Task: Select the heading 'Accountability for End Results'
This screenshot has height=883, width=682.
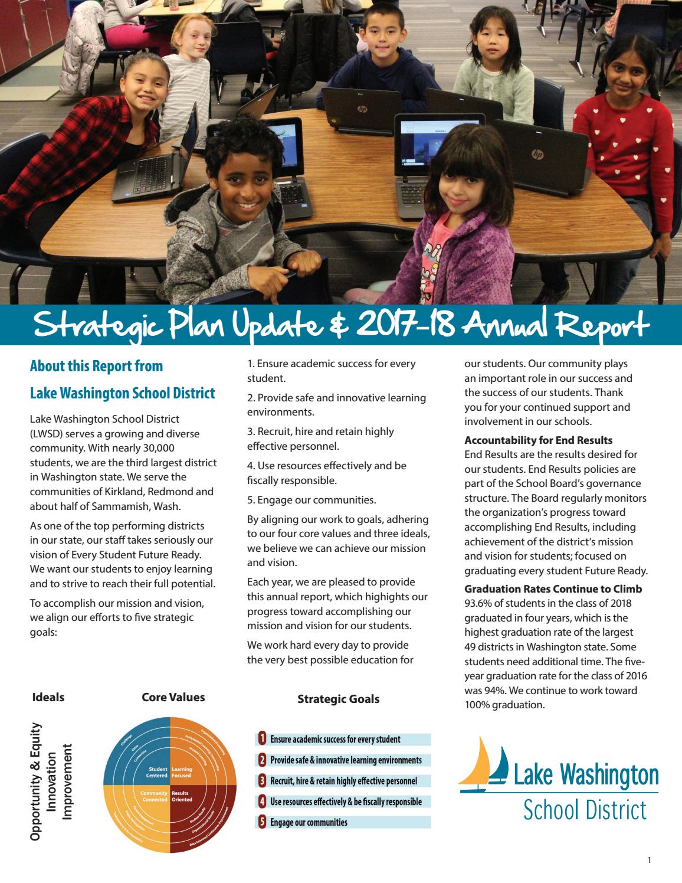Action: point(538,440)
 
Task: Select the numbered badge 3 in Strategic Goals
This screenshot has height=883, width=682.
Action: point(263,781)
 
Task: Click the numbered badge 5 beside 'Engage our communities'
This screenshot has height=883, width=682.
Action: point(263,822)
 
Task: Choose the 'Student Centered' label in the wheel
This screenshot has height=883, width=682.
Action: point(158,772)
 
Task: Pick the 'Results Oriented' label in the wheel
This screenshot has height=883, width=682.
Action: point(181,797)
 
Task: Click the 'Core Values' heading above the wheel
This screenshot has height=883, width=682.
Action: point(173,697)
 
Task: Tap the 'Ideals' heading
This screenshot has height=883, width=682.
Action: point(48,697)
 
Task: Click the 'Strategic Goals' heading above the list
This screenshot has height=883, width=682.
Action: point(338,699)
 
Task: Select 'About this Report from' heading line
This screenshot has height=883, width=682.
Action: point(96,366)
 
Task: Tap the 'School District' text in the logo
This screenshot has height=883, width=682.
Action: point(585,810)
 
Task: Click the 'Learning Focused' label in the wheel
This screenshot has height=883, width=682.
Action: point(182,772)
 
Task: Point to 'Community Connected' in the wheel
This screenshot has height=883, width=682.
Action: point(155,797)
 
